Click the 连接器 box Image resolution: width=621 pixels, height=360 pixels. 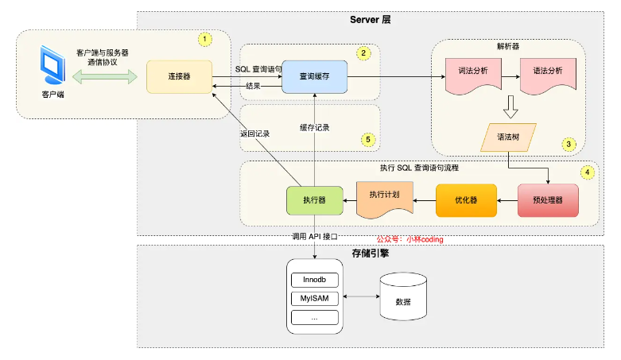[178, 76]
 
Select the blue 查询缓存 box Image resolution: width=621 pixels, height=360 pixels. [316, 76]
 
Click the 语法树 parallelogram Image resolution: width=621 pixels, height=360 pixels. [509, 137]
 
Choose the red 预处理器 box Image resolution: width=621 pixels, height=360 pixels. [547, 200]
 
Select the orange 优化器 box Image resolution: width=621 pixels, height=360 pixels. [465, 200]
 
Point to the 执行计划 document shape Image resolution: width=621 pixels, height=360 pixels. [385, 200]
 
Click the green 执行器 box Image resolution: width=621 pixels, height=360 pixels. [316, 201]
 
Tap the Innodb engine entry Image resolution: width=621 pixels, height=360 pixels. [315, 280]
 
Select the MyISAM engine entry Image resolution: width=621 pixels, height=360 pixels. [315, 299]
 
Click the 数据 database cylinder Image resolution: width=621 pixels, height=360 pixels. [402, 300]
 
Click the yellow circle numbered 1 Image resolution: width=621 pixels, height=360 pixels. [204, 38]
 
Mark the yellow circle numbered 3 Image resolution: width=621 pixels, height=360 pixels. [568, 145]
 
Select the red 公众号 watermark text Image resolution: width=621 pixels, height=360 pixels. [409, 238]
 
